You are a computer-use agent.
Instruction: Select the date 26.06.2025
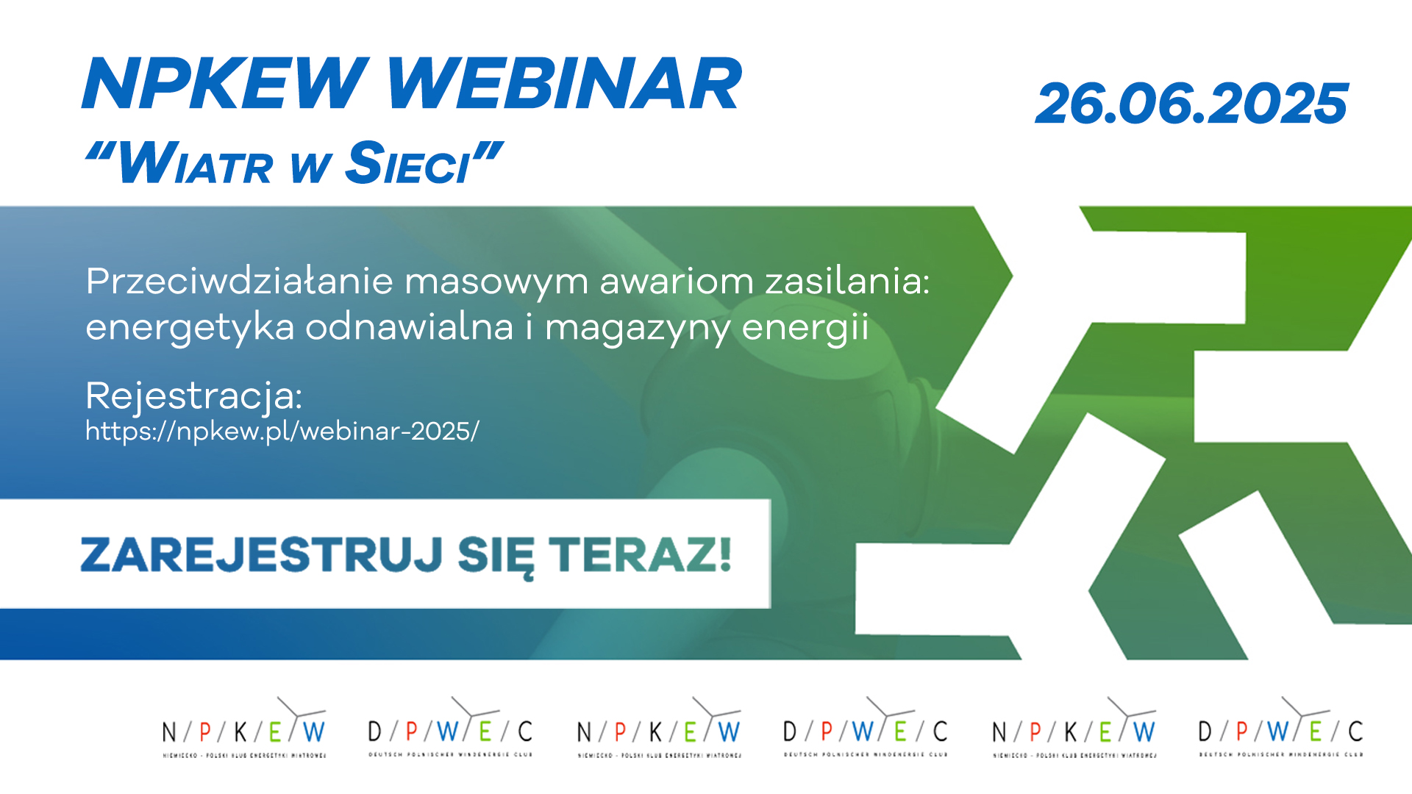(1191, 104)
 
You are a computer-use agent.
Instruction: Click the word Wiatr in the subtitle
(195, 163)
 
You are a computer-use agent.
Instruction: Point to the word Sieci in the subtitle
(408, 163)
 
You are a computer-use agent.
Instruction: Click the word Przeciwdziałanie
(239, 281)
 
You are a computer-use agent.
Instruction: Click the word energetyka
(190, 328)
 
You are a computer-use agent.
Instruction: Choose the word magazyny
(638, 328)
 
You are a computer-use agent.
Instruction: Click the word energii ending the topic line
(805, 328)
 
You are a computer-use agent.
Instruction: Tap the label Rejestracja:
(194, 396)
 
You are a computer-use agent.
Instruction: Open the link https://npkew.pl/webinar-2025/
(282, 431)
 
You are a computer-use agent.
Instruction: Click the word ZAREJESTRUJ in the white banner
(262, 554)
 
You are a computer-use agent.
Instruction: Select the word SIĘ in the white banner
(496, 556)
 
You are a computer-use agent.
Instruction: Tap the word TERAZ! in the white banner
(640, 554)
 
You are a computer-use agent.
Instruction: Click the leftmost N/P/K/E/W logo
(244, 728)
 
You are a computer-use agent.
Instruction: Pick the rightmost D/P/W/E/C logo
(1280, 728)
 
